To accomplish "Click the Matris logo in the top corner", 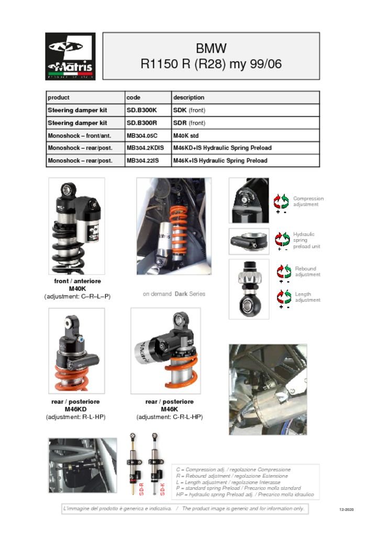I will (70, 56).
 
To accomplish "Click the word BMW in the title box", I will (211, 49).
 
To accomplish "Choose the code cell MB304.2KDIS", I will (145, 148).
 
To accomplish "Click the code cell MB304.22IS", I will (144, 160).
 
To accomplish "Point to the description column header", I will (189, 98).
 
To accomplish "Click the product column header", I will (59, 98).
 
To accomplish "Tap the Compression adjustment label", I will (308, 201).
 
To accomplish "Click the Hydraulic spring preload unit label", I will (306, 240).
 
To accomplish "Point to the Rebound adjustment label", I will (307, 272).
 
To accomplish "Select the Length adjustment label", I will (307, 297).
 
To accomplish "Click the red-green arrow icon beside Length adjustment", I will (284, 297).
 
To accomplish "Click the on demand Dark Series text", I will (174, 294).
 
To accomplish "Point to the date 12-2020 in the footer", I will (346, 509).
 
